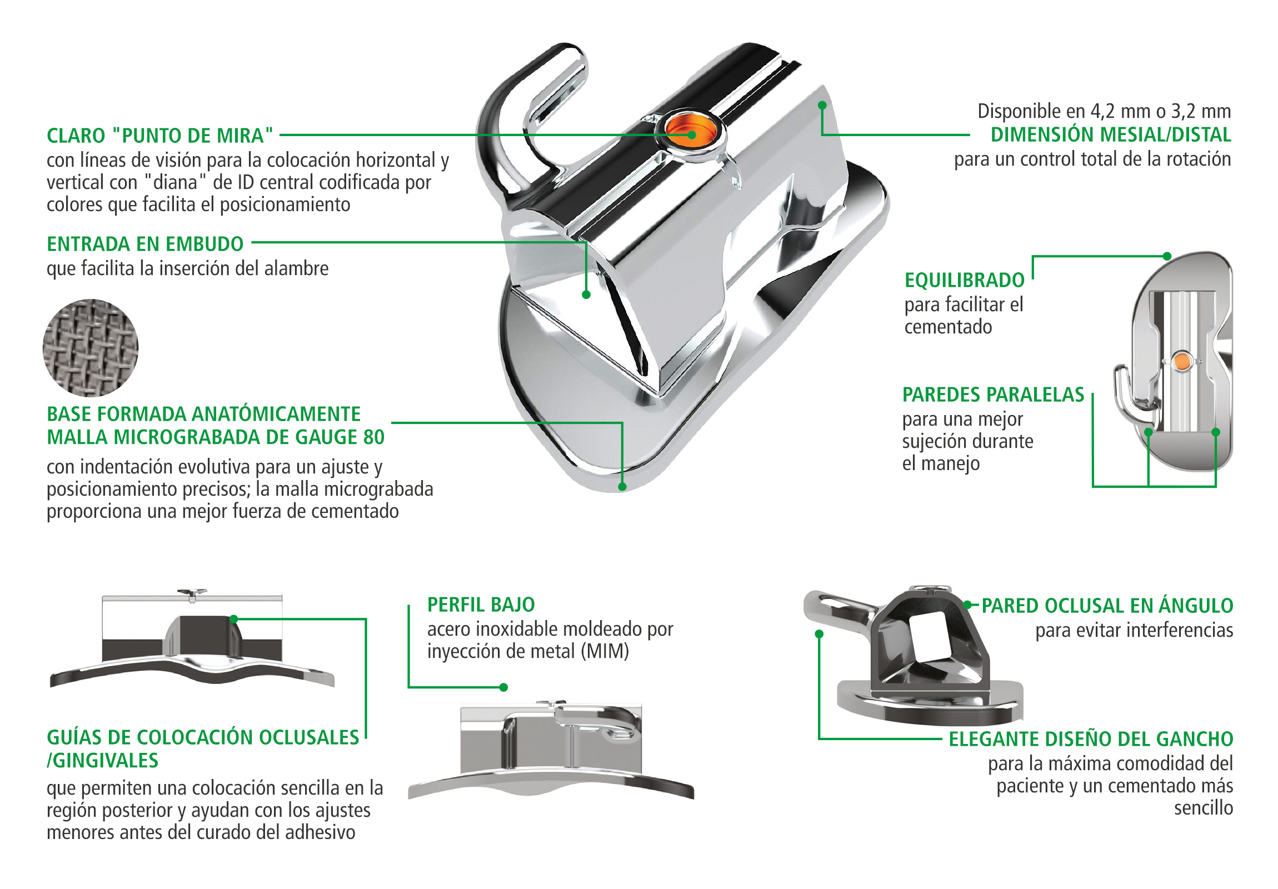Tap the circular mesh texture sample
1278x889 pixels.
(90, 348)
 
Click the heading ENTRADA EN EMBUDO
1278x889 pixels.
(145, 244)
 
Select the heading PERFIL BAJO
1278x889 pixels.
(481, 605)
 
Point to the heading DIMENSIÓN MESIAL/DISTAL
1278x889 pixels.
(1111, 134)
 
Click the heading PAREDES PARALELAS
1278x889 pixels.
(994, 394)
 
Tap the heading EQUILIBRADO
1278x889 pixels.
(965, 280)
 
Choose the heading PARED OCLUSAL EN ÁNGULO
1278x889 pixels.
(1107, 606)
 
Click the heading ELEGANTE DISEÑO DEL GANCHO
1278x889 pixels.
(1091, 738)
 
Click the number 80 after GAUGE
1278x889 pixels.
(373, 437)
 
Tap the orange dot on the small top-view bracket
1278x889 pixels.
(1181, 362)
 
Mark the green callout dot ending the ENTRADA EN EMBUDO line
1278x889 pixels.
(586, 295)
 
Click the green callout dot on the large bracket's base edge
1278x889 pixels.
(622, 487)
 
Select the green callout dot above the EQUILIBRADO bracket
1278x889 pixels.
(1167, 257)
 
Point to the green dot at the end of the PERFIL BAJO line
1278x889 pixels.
(504, 687)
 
